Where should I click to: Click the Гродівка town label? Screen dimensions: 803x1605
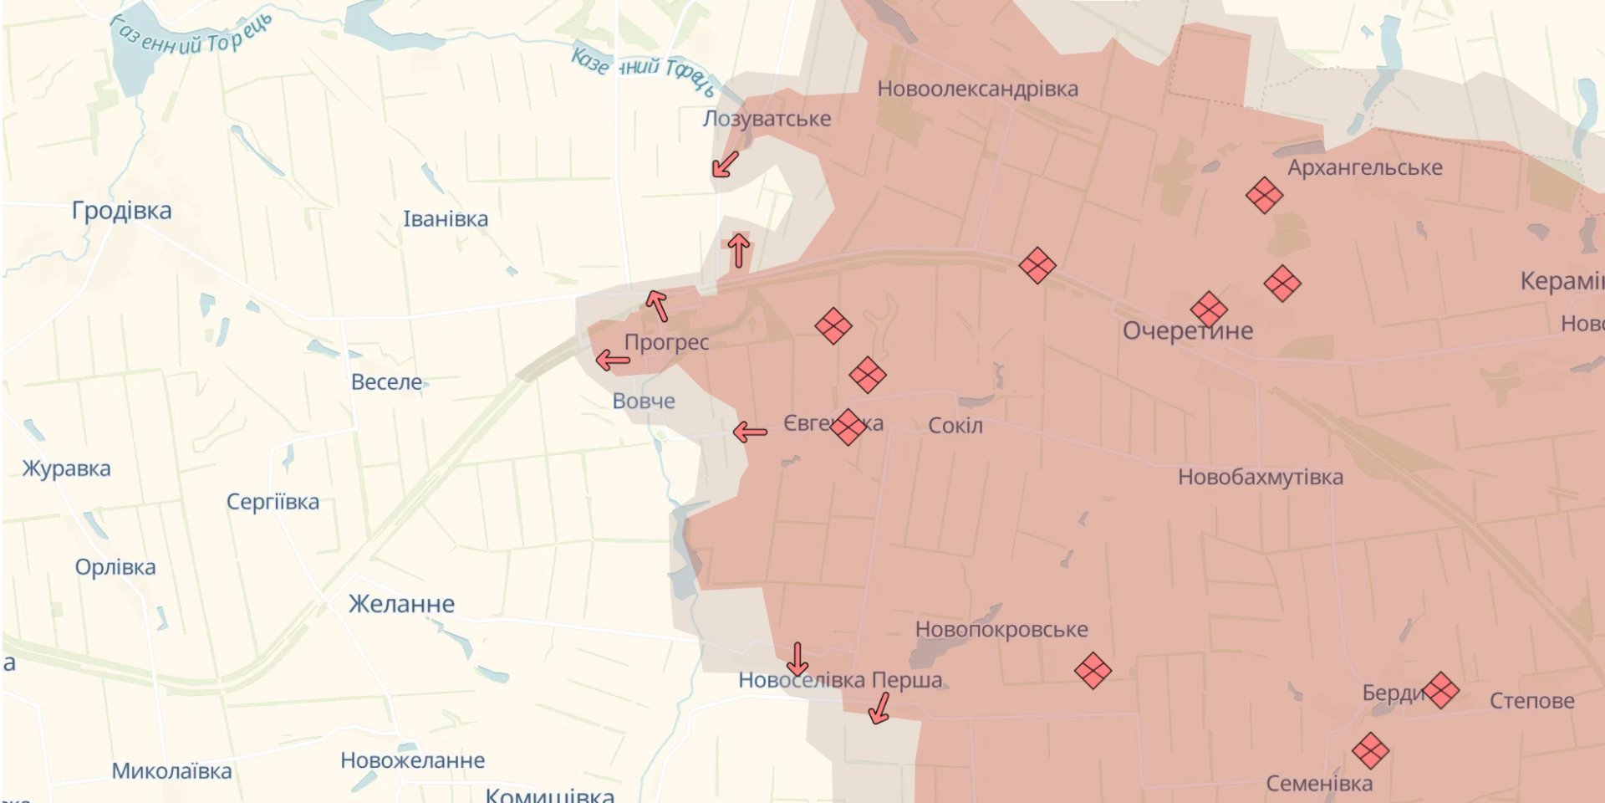tap(121, 211)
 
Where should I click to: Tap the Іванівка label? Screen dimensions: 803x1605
tap(445, 219)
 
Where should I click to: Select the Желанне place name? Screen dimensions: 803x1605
tap(401, 604)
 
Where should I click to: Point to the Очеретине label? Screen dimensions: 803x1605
tap(1187, 331)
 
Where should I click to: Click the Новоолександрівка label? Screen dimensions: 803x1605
tap(977, 89)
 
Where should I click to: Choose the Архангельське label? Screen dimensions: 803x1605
tap(1364, 167)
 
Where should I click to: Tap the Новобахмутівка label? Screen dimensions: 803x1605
tap(1260, 477)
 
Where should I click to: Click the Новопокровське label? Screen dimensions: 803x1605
tap(1001, 629)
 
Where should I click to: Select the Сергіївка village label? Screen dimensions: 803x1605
tap(273, 502)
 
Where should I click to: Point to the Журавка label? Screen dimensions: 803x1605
tap(66, 468)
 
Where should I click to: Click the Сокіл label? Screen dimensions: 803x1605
tap(955, 426)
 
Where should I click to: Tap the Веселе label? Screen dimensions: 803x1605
tap(386, 382)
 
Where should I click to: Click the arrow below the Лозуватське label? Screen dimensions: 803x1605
tap(724, 164)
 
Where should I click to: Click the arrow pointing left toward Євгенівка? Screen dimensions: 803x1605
tap(750, 432)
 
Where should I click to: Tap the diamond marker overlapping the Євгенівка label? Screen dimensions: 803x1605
tap(847, 427)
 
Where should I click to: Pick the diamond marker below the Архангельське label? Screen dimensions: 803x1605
tap(1264, 196)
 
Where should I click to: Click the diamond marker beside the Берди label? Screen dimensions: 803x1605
tap(1440, 691)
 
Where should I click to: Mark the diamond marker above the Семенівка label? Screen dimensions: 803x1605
tap(1370, 751)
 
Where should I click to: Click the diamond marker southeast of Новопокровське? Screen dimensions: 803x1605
tap(1093, 671)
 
